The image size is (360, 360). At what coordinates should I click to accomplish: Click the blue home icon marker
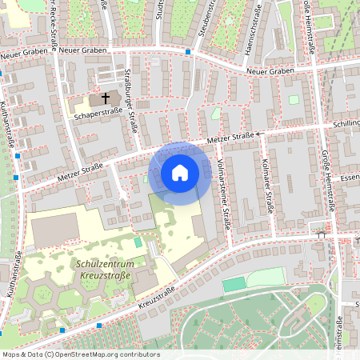point(180,172)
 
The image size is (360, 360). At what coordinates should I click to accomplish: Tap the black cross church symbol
point(104,98)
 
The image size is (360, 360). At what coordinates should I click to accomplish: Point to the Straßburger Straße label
point(130,101)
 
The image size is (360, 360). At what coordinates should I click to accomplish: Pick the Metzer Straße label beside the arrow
point(230,141)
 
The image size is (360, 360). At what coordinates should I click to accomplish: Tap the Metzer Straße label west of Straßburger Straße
point(80,170)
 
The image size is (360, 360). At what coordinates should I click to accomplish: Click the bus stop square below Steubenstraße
point(188,52)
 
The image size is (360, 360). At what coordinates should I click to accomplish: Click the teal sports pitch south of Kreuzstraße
point(234,284)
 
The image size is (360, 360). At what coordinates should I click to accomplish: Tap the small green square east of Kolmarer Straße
point(294,100)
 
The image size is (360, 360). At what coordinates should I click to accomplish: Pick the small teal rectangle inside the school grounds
point(138,241)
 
